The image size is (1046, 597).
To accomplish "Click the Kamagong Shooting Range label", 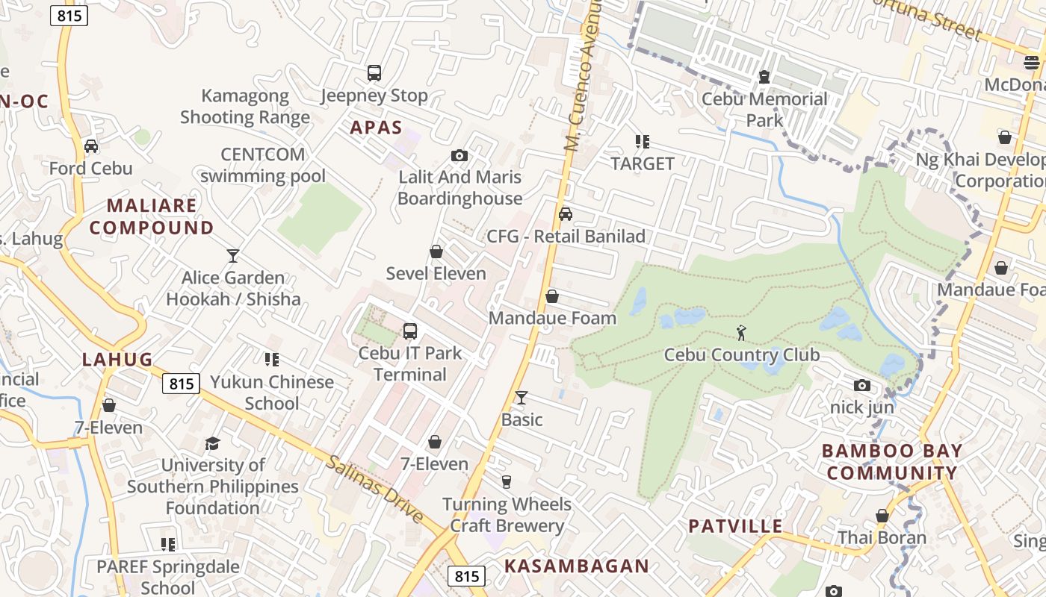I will (x=245, y=106).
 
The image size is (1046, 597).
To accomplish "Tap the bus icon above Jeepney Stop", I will (x=374, y=73).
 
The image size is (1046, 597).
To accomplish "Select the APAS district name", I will (x=377, y=128).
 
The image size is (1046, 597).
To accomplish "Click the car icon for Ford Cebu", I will (x=91, y=146).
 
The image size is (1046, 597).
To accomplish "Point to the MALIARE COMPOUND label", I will (x=152, y=216).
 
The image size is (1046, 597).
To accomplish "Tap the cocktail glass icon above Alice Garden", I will (x=233, y=256).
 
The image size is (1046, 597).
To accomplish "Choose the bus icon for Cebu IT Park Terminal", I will (x=409, y=331).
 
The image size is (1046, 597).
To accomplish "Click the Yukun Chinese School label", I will (x=272, y=393).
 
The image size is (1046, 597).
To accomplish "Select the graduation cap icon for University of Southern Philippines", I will (x=213, y=444).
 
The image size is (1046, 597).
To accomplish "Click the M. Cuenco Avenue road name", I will (x=582, y=75).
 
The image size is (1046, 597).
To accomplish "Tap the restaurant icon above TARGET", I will (x=642, y=141).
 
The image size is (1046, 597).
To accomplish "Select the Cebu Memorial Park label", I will (x=764, y=109).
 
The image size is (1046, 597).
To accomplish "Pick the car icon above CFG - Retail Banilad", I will (x=566, y=214).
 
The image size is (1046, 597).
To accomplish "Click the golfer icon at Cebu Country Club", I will (x=741, y=333).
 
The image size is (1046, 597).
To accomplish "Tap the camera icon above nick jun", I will (x=862, y=386).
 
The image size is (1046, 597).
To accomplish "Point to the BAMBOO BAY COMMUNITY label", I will (x=892, y=462).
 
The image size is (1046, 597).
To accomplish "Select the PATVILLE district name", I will (x=735, y=526).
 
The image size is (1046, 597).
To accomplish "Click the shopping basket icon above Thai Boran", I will (x=882, y=516).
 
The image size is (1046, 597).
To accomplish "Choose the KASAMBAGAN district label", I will (x=577, y=566).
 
